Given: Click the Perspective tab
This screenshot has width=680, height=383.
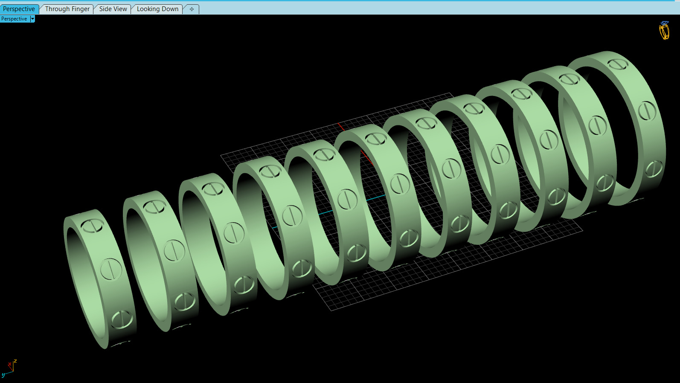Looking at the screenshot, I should (x=19, y=9).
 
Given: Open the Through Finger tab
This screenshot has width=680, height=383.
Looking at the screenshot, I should (x=67, y=9).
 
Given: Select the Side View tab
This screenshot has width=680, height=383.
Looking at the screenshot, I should (x=113, y=9).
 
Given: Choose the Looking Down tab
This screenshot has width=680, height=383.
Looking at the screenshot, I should (x=157, y=9).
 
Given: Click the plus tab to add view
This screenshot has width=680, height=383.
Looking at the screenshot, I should (x=192, y=9).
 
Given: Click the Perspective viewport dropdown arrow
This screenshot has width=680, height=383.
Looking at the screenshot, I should (x=32, y=19).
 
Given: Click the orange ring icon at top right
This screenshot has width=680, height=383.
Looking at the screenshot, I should (x=664, y=30).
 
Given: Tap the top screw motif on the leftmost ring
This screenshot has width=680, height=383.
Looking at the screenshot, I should (x=93, y=226).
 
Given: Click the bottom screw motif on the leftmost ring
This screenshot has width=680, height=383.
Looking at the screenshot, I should (x=122, y=319).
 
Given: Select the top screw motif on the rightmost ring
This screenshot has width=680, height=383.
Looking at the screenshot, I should (x=618, y=64).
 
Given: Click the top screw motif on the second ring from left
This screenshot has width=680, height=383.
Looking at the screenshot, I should (x=154, y=207).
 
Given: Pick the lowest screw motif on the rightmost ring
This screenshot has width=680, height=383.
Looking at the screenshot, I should (x=654, y=169).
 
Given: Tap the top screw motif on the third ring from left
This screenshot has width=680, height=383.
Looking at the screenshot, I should (x=213, y=189).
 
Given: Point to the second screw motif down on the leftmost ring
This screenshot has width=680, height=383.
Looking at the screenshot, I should (x=111, y=269).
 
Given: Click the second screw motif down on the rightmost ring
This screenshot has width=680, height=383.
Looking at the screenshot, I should (x=647, y=111).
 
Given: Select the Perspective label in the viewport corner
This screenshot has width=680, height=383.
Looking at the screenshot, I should (x=14, y=19).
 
